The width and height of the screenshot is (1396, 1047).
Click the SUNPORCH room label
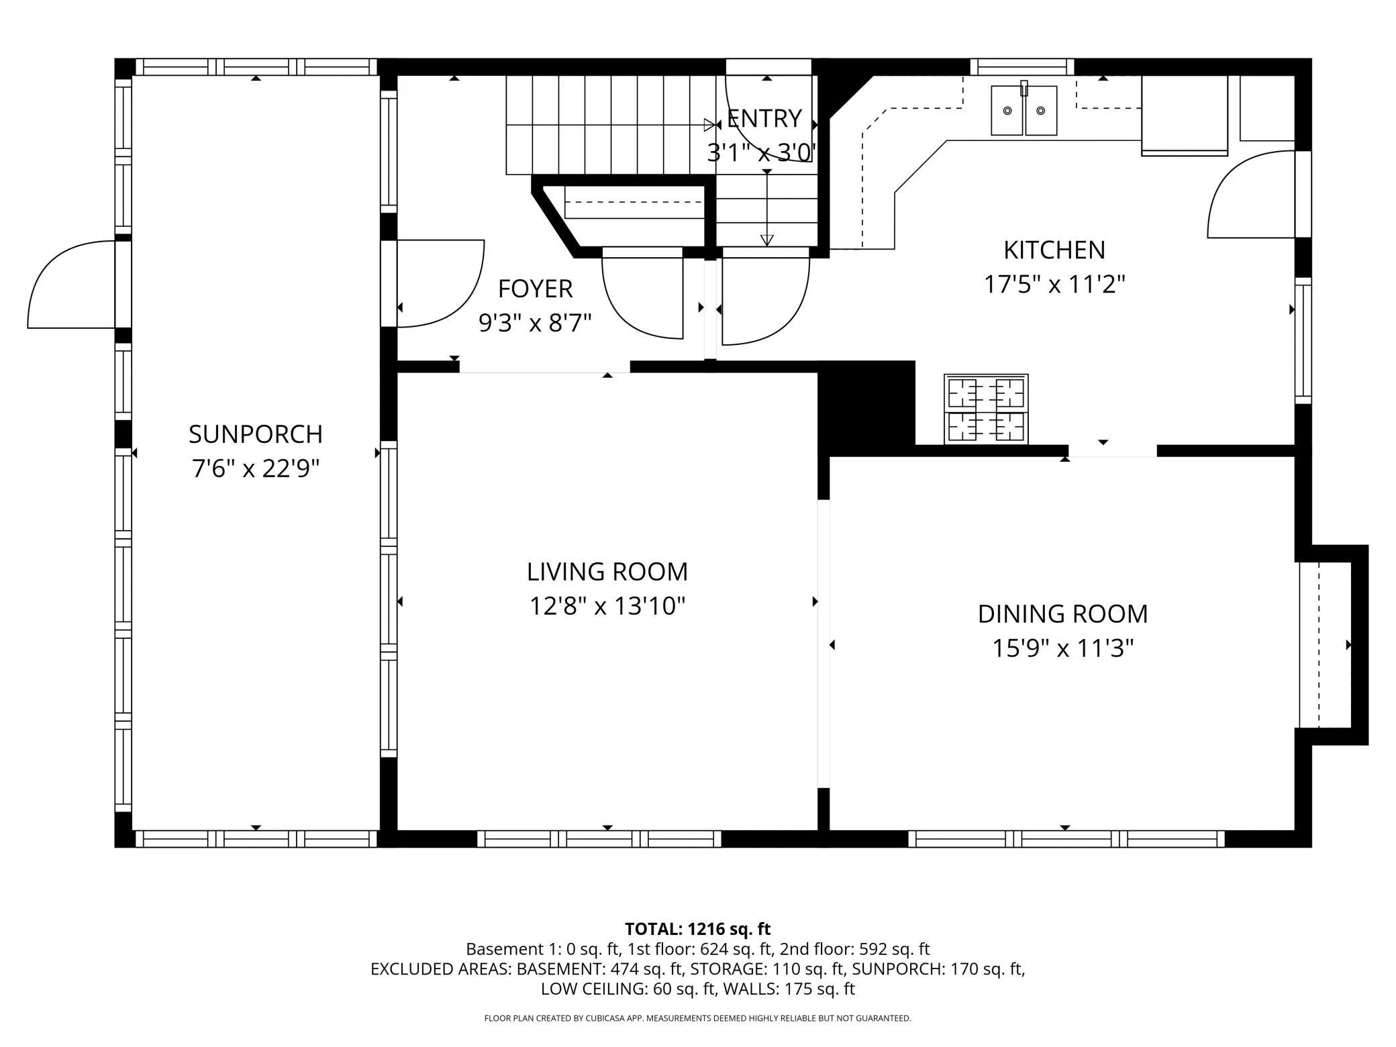[x=256, y=434]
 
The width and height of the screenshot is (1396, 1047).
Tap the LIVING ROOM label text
[x=607, y=572]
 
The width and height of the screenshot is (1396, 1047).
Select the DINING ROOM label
[x=1062, y=614]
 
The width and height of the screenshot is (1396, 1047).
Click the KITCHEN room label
[x=1054, y=250]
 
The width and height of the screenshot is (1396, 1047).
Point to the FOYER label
[x=535, y=289]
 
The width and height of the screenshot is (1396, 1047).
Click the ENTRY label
[x=764, y=119]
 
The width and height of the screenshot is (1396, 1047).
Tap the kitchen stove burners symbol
[x=986, y=409]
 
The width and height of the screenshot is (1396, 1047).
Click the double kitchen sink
[x=1024, y=109]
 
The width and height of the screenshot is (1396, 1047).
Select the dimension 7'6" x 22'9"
[x=256, y=468]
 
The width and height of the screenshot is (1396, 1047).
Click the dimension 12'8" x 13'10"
[x=607, y=606]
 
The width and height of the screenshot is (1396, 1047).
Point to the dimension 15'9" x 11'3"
[x=1062, y=648]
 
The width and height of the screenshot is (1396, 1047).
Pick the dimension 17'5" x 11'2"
[x=1054, y=285]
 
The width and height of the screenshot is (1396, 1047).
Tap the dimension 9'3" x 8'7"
[x=535, y=323]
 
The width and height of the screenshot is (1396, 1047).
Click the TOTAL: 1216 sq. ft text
[x=697, y=929]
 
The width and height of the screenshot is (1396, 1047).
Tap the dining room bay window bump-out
[x=1332, y=645]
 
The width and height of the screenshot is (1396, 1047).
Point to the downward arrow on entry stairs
[x=767, y=208]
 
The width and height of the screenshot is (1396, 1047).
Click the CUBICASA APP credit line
[x=697, y=1018]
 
